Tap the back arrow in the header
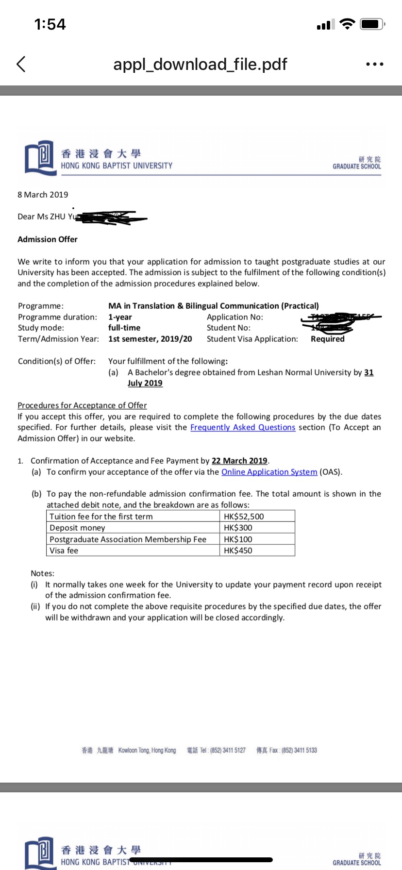21,64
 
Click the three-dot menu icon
375,64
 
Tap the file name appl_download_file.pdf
200,64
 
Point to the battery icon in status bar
372,24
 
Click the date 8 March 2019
43,195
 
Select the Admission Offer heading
48,239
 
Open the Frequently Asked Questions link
243,427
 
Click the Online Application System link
269,472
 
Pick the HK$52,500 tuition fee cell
244,517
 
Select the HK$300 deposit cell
238,528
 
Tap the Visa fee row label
64,551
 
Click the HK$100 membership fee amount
238,539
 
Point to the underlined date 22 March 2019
239,461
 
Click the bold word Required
328,339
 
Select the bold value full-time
124,328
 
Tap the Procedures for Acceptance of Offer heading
82,405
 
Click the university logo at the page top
39,158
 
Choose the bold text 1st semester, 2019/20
150,339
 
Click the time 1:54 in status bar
50,24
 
